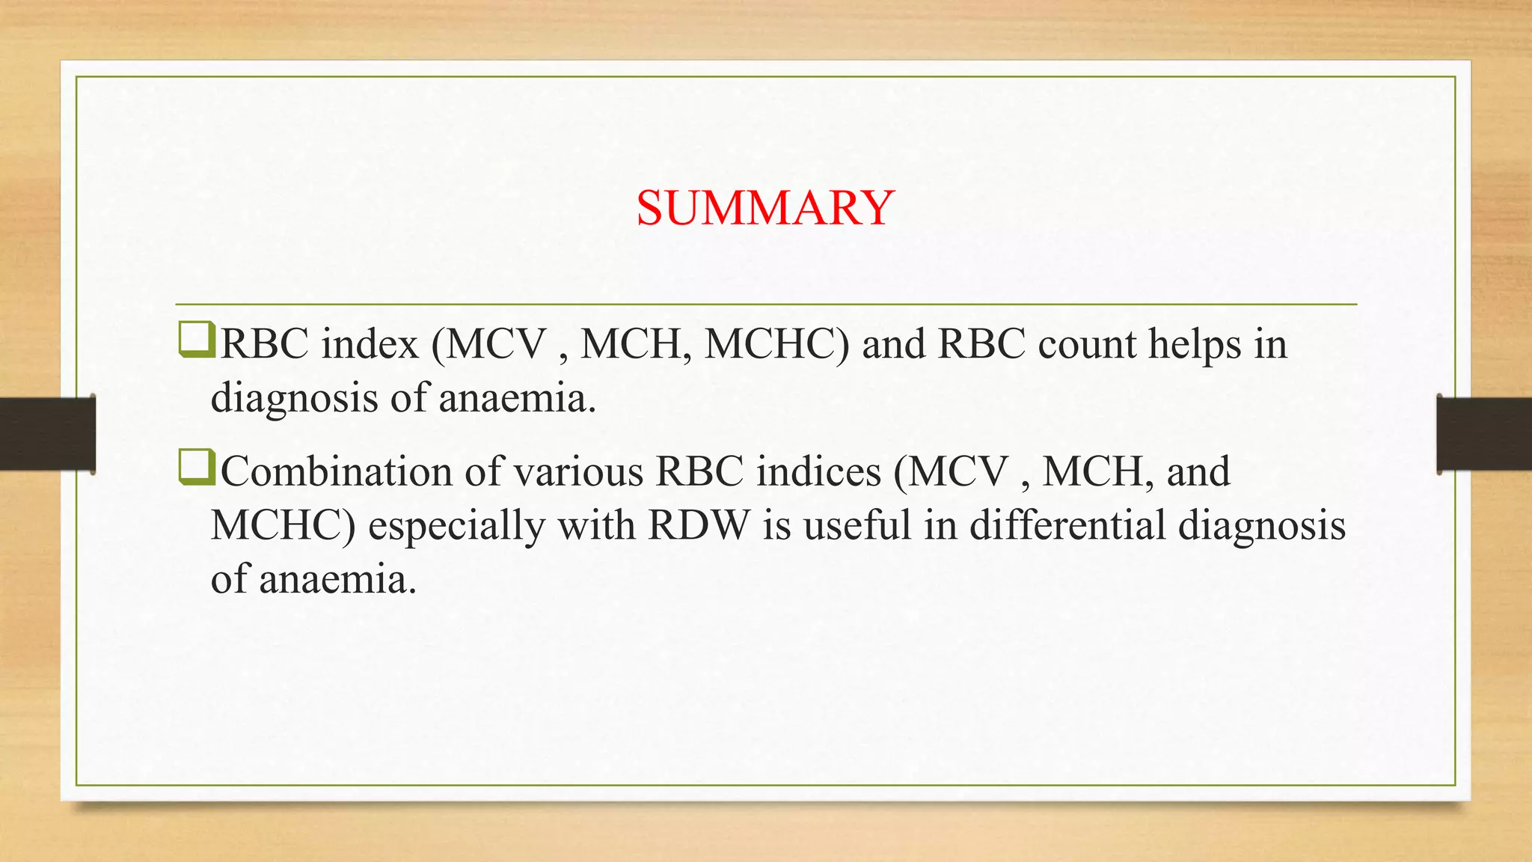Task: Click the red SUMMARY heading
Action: pyautogui.click(x=765, y=207)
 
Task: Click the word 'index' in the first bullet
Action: pyautogui.click(x=370, y=344)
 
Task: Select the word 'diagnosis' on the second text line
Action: pyautogui.click(x=294, y=398)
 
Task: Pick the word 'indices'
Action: pyautogui.click(x=818, y=472)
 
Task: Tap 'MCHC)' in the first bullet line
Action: pyautogui.click(x=777, y=344)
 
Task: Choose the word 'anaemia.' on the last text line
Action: pyautogui.click(x=338, y=579)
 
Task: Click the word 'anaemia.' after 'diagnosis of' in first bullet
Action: pyautogui.click(x=517, y=398)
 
